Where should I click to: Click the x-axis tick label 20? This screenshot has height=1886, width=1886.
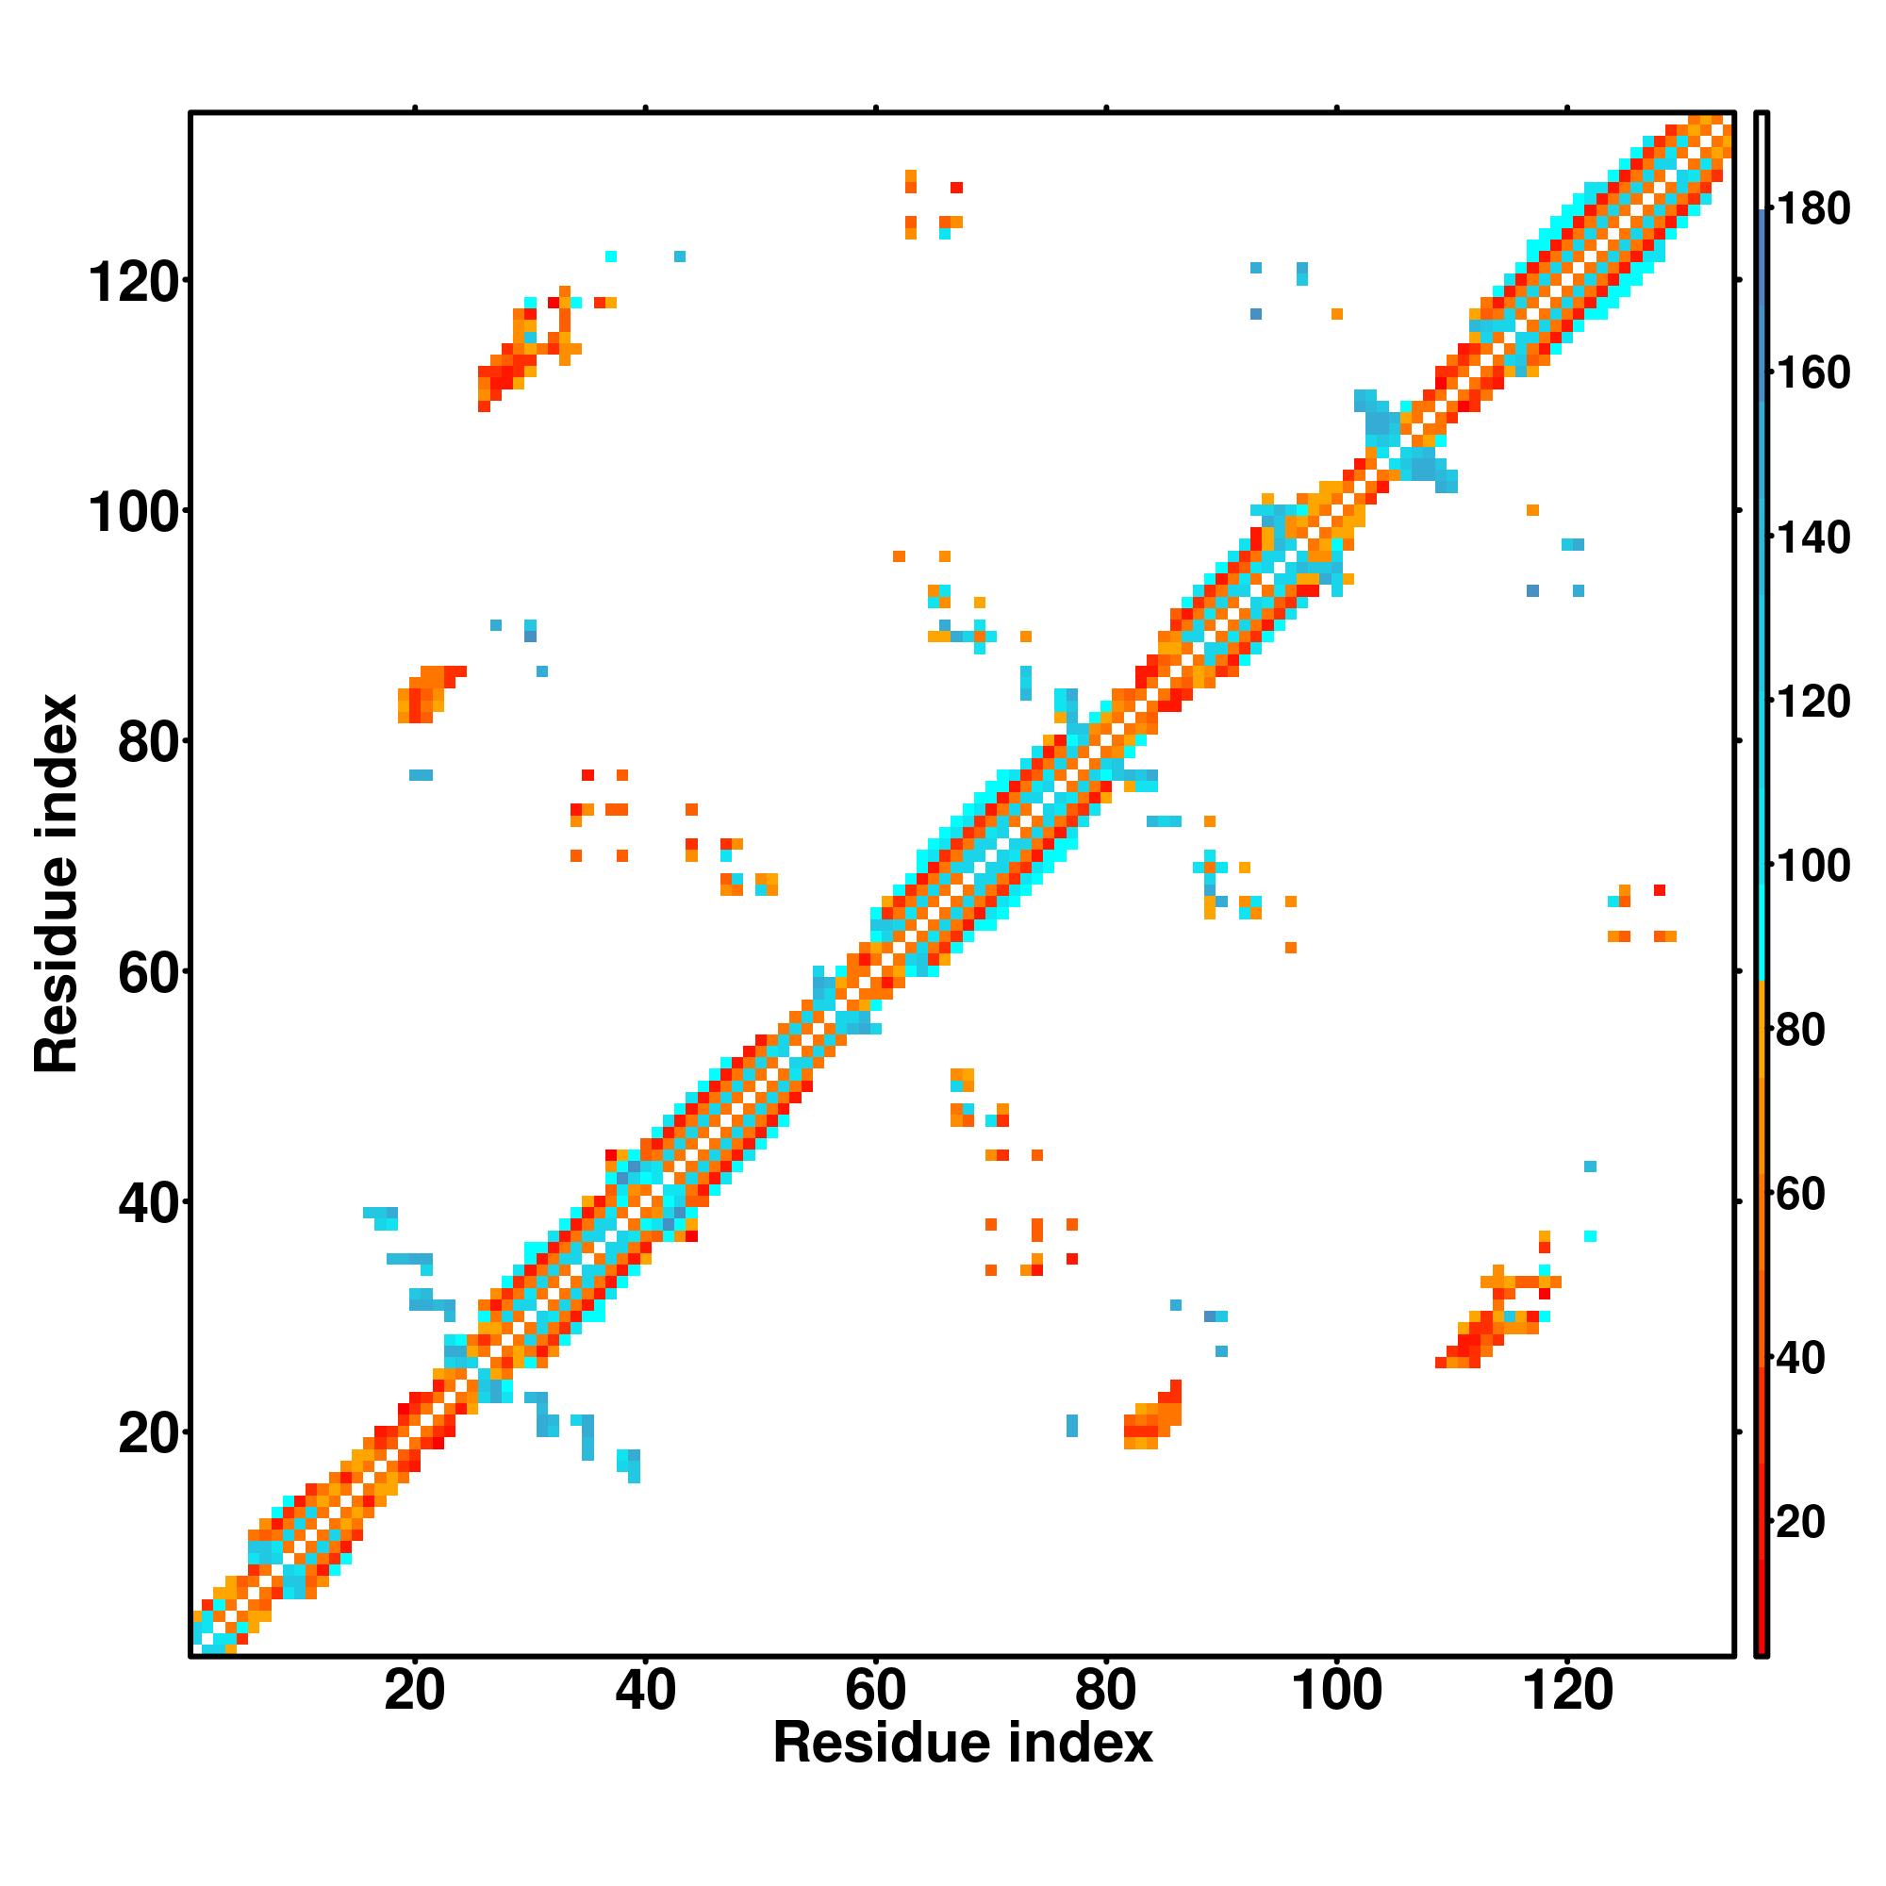(415, 1690)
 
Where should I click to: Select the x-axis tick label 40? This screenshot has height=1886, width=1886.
(645, 1690)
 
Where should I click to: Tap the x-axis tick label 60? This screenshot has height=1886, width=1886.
(876, 1690)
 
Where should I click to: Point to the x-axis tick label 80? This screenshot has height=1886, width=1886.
(1105, 1690)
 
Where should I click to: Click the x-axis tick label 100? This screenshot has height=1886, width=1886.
(1335, 1690)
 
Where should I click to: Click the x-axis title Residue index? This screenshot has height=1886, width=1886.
(963, 1744)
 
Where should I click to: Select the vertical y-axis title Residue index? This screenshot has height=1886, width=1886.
(57, 884)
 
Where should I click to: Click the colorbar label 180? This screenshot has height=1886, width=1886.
(1812, 209)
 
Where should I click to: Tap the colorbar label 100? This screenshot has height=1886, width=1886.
(1812, 866)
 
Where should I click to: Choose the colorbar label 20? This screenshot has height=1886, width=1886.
(1801, 1522)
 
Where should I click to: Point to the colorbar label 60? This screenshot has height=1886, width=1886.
(1801, 1194)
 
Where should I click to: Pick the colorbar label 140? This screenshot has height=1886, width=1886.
(1812, 538)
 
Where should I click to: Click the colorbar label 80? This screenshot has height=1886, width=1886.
(1801, 1030)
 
